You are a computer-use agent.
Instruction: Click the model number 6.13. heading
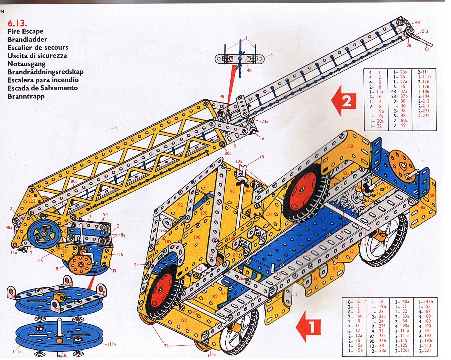point(17,23)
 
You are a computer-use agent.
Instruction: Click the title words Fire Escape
point(25,31)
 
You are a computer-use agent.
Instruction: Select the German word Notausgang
point(26,64)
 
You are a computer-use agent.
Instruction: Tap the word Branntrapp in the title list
point(26,96)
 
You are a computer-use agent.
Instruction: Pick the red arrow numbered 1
point(309,326)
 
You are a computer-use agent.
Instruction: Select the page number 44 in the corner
point(2,12)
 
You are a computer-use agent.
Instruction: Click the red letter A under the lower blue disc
point(65,356)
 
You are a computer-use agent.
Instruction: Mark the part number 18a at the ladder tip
point(426,49)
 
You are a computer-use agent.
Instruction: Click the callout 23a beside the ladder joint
point(265,121)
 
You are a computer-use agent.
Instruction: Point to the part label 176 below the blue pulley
point(39,260)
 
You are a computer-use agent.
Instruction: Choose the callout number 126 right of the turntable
point(119,254)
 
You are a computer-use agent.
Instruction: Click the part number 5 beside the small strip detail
point(271,55)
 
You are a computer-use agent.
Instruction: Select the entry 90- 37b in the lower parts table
point(378,340)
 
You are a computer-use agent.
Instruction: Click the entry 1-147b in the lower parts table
point(426,302)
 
